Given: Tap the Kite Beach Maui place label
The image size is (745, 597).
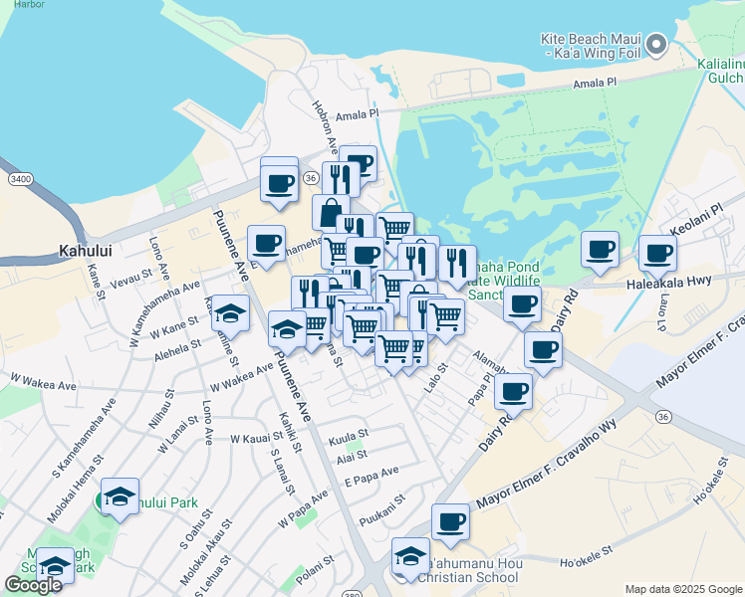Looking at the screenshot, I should click(589, 45).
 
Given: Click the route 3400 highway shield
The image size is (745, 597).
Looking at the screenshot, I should click(19, 179).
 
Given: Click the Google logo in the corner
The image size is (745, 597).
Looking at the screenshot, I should click(32, 585).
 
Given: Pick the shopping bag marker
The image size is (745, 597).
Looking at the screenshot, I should click(330, 211).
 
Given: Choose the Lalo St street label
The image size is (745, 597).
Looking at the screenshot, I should click(436, 380).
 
